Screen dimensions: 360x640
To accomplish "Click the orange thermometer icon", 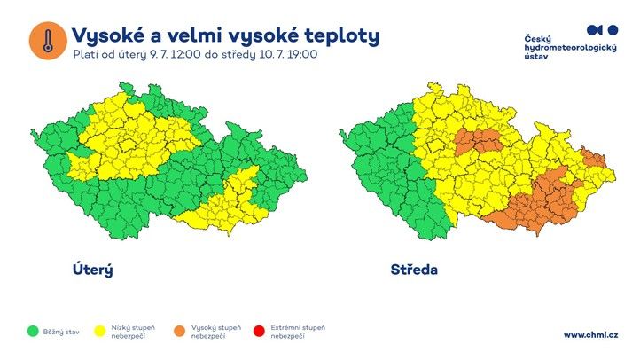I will click(x=47, y=41).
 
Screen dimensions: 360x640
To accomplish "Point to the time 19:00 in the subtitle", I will click(x=301, y=54).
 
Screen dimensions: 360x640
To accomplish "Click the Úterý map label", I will click(x=92, y=269).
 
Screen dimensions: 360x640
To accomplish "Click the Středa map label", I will click(x=414, y=269).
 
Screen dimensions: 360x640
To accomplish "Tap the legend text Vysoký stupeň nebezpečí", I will click(x=214, y=332).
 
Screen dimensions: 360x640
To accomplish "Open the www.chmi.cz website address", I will click(x=590, y=334).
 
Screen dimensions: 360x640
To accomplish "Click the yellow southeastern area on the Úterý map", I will click(x=232, y=199).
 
